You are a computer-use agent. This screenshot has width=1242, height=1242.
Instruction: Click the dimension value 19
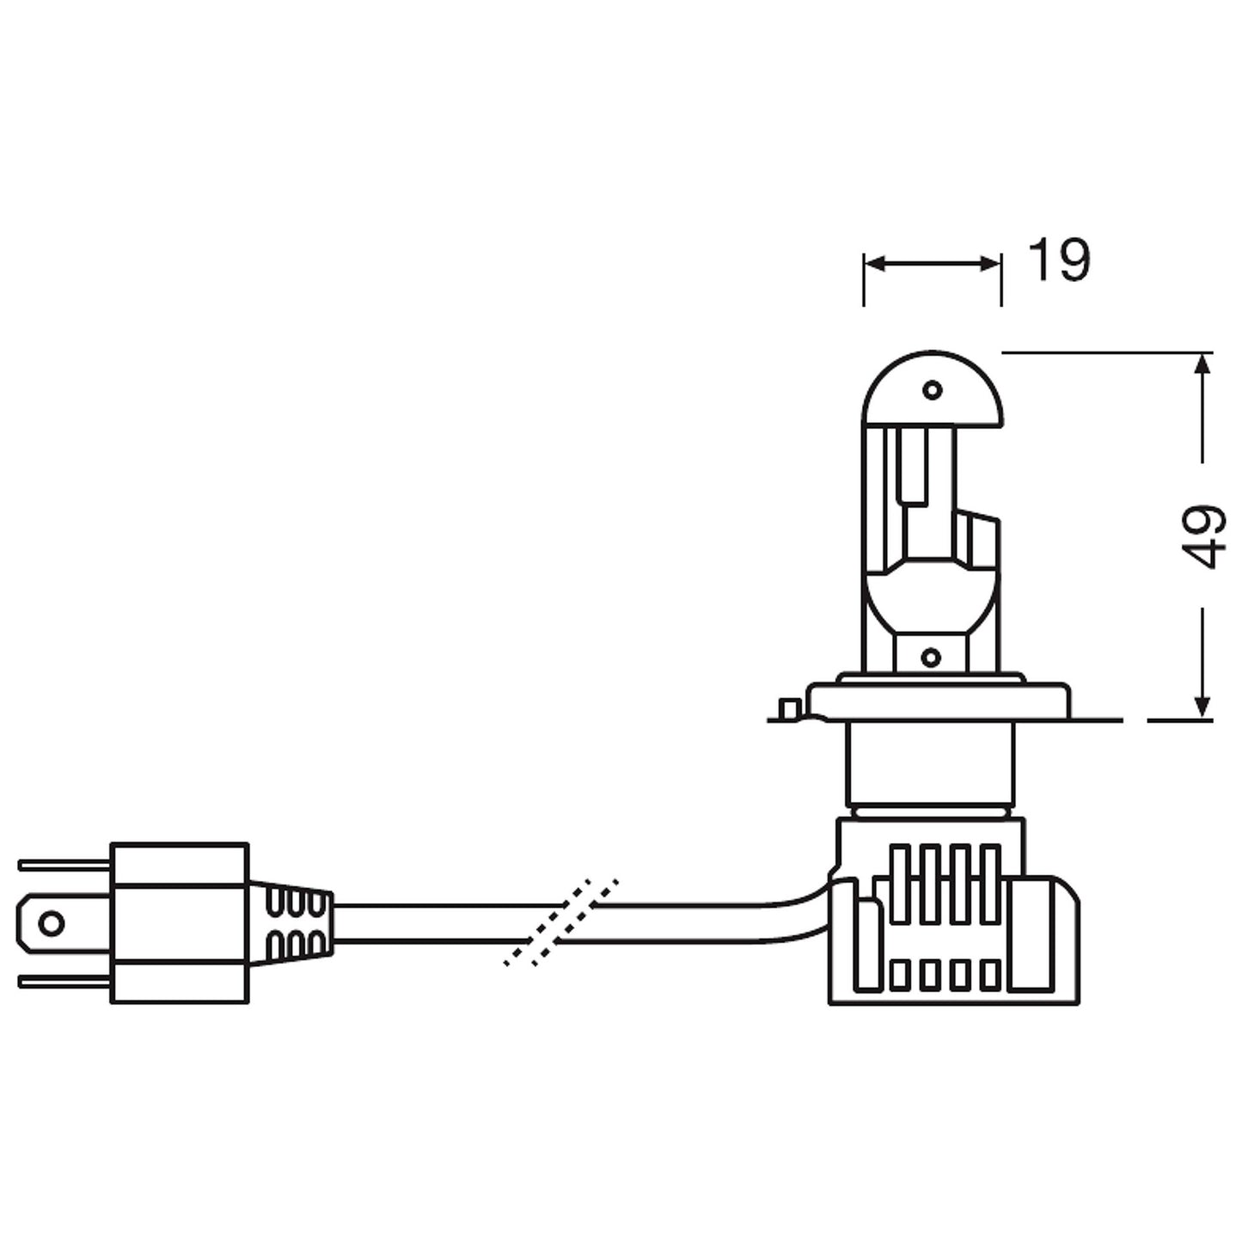(1058, 260)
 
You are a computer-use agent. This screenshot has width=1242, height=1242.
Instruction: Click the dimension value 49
(1203, 536)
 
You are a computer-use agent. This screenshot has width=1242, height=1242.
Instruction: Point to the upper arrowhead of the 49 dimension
(1202, 363)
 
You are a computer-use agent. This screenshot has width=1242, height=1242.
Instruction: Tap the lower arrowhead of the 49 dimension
(1202, 707)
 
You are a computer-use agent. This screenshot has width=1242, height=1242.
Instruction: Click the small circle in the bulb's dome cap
(932, 390)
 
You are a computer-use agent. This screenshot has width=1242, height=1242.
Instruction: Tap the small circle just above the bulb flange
(930, 658)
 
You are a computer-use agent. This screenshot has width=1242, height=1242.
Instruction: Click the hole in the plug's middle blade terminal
(52, 924)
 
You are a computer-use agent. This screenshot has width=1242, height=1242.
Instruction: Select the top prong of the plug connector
(64, 865)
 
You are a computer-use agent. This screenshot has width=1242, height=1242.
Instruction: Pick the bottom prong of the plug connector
(64, 982)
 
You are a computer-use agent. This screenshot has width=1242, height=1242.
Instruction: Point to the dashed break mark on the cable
(560, 923)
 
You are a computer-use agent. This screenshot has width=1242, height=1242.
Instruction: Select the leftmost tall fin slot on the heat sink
(900, 884)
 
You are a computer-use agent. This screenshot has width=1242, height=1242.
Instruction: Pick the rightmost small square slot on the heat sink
(989, 975)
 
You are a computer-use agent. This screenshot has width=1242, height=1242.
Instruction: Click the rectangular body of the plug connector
(180, 923)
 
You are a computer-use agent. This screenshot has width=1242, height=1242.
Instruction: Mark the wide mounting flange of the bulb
(939, 700)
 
